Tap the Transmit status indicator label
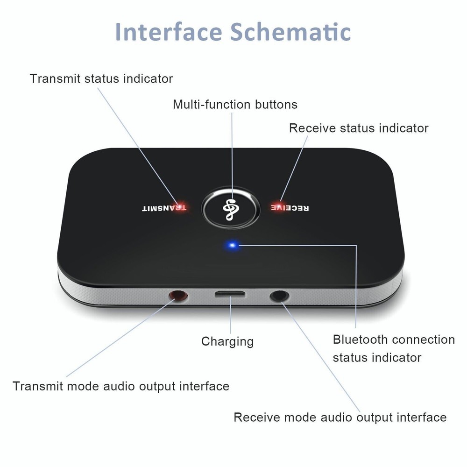pos(101,79)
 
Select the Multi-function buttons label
pos(235,104)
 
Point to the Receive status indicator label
pos(359,128)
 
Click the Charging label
pos(227,341)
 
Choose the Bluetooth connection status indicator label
pos(393,348)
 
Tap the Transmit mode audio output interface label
pos(121,387)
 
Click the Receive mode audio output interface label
pos(340,417)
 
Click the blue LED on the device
pos(231,245)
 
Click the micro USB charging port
pos(230,295)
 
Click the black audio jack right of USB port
pos(279,296)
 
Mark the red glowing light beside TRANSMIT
pos(180,205)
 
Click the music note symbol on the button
pos(230,208)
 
